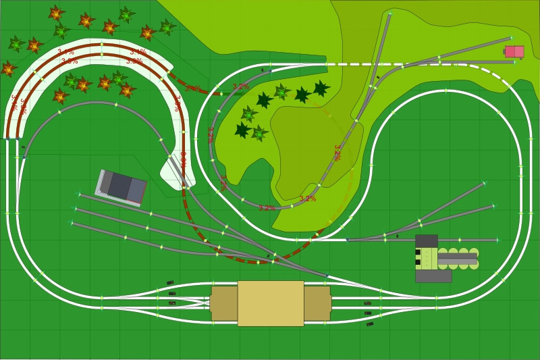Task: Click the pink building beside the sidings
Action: [x=514, y=51]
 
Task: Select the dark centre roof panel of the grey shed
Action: [x=120, y=186]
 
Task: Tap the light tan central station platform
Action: [x=270, y=303]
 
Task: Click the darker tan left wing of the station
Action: [x=223, y=303]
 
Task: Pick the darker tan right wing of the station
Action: [x=317, y=303]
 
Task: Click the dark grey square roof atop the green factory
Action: [x=426, y=241]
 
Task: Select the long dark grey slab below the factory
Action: [x=433, y=276]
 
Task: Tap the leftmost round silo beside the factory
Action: [x=443, y=258]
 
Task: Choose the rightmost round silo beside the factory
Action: [x=474, y=258]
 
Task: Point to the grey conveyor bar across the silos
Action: [x=458, y=258]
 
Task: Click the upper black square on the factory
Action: [x=418, y=252]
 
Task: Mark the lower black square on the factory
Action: [x=418, y=262]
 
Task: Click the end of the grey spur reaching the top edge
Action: [x=389, y=14]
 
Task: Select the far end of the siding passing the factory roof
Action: [x=498, y=240]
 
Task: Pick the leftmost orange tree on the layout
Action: [x=8, y=68]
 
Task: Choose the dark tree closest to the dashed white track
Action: [x=321, y=88]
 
